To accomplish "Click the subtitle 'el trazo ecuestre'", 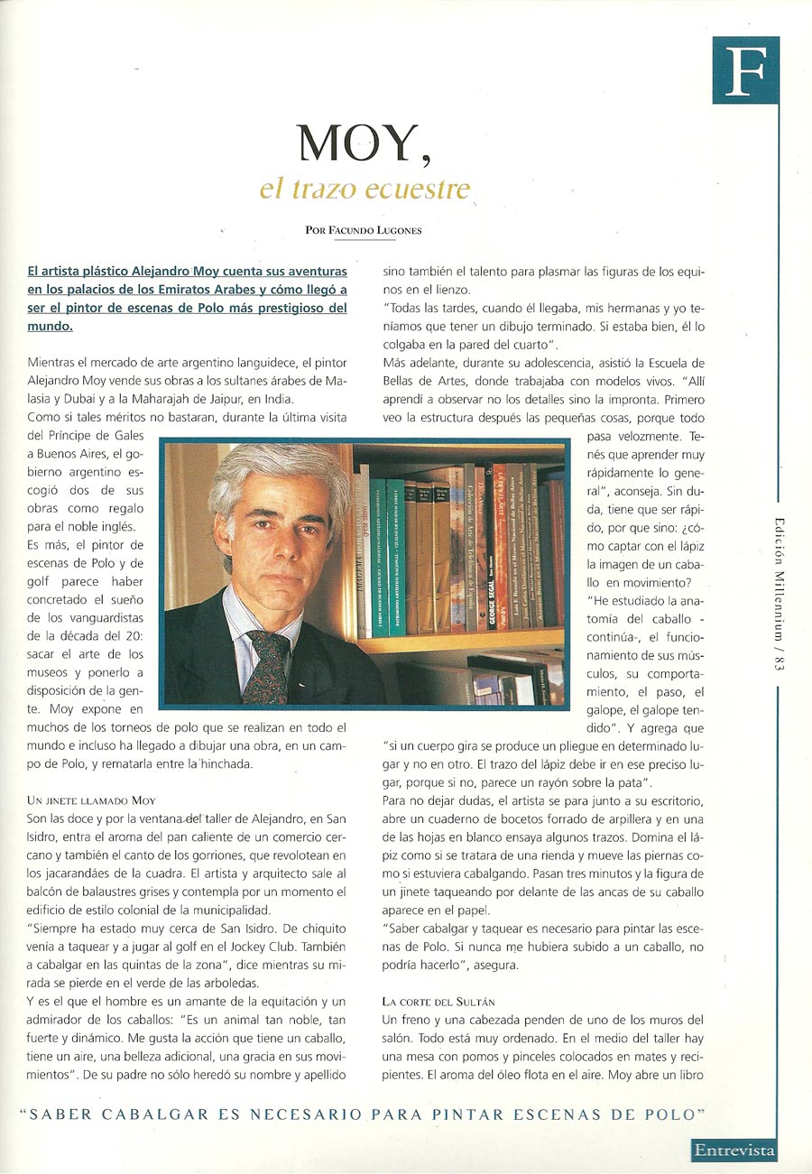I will [365, 190].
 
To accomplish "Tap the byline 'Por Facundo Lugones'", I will [364, 230].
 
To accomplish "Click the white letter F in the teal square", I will [745, 71].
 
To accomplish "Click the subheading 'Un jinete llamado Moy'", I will [92, 800].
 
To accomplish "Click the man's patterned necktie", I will [269, 664].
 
